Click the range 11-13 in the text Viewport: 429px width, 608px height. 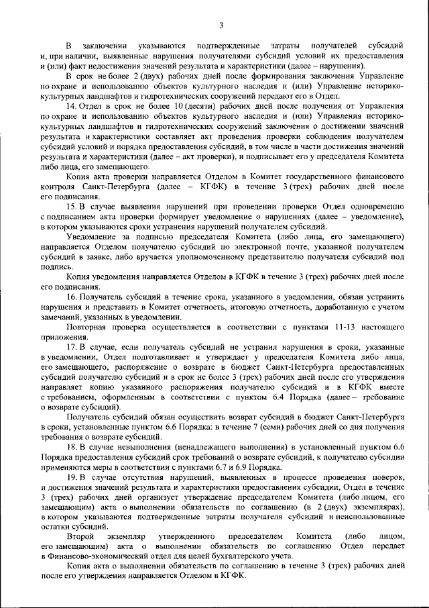pyautogui.click(x=321, y=327)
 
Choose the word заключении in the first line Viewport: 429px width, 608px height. pyautogui.click(x=107, y=45)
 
